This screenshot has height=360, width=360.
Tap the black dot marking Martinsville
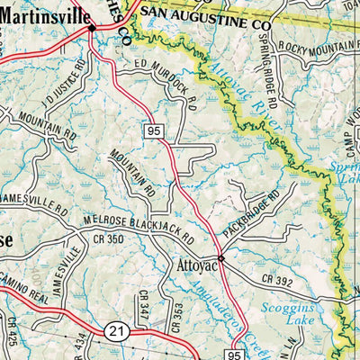point(92,29)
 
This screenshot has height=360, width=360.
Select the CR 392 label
point(280,282)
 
